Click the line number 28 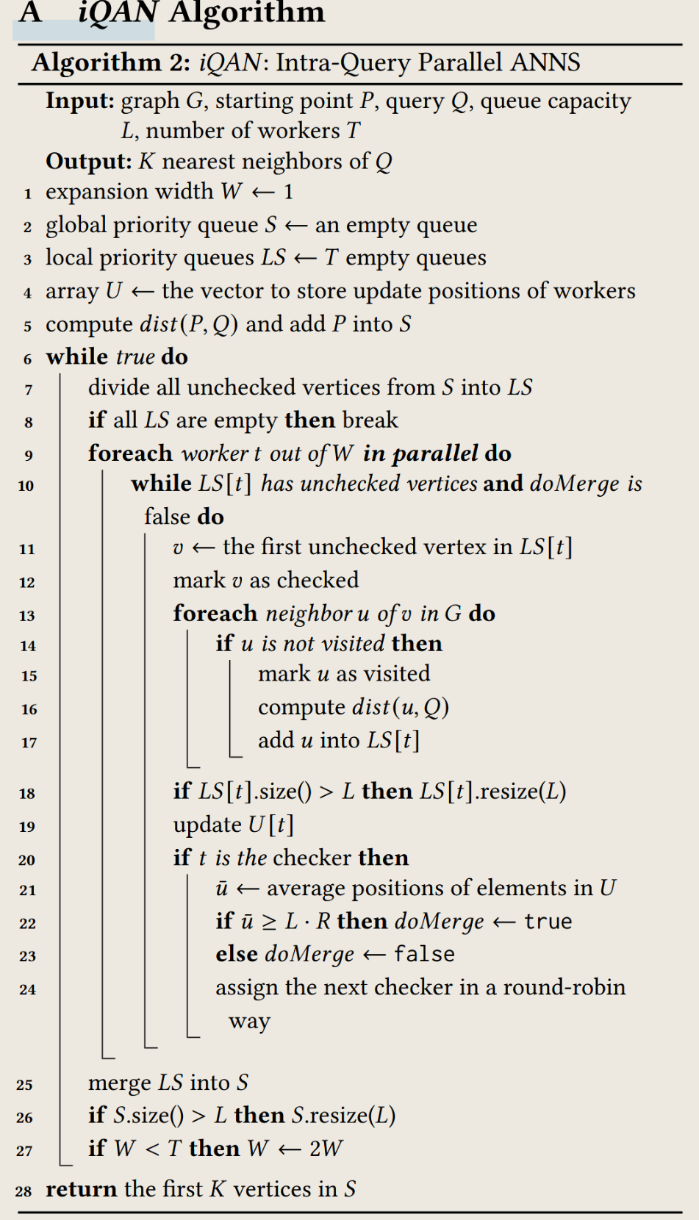[24, 1191]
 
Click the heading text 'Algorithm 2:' [111, 62]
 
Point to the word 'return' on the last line [81, 1189]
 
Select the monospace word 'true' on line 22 [548, 922]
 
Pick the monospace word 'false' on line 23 [424, 955]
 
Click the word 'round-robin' [564, 987]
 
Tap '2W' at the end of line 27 [326, 1149]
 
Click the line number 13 [27, 616]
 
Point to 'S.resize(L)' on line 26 [343, 1116]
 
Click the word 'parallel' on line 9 [435, 453]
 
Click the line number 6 [28, 359]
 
